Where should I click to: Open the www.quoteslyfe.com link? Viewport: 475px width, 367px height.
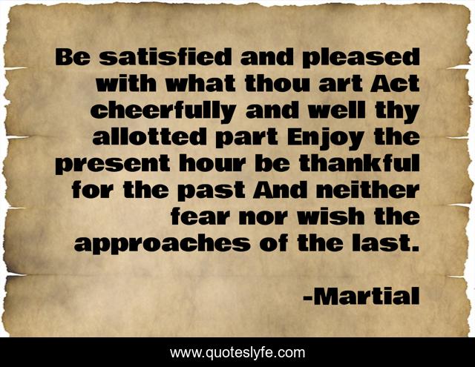237,352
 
